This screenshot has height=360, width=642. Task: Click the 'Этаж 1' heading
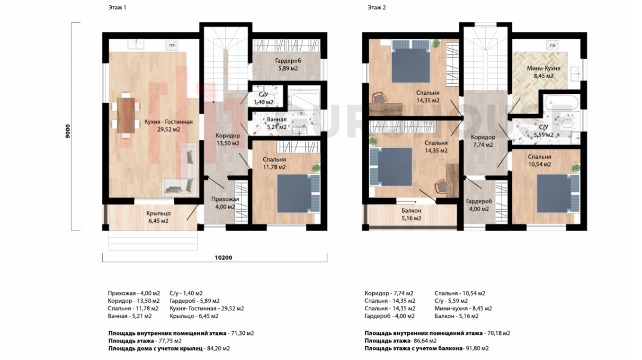[x=117, y=8]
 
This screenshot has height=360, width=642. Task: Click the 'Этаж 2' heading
[x=376, y=8]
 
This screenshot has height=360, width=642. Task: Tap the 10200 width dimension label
[x=223, y=258]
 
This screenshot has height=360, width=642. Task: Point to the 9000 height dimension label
[x=68, y=131]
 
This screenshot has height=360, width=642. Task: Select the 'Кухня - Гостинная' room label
[x=169, y=122]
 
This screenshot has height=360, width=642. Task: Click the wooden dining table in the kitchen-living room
[x=126, y=116]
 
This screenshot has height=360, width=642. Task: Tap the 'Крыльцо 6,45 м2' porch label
[x=159, y=217]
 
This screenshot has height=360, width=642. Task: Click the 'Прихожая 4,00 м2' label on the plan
[x=225, y=203]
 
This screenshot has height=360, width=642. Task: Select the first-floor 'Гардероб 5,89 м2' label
[x=288, y=64]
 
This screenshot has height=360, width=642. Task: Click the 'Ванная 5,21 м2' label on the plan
[x=277, y=123]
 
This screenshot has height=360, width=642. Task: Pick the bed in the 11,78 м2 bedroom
[x=298, y=193]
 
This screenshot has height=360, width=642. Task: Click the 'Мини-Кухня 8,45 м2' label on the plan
[x=544, y=72]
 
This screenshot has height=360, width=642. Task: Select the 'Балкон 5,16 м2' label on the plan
[x=411, y=215]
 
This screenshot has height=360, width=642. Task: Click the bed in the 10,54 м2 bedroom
[x=558, y=193]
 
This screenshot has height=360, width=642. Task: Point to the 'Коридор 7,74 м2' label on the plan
[x=483, y=141]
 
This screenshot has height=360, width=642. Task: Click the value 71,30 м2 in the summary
[x=242, y=333]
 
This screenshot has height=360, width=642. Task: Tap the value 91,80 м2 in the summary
[x=477, y=349]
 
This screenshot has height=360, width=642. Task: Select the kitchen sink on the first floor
[x=136, y=45]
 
